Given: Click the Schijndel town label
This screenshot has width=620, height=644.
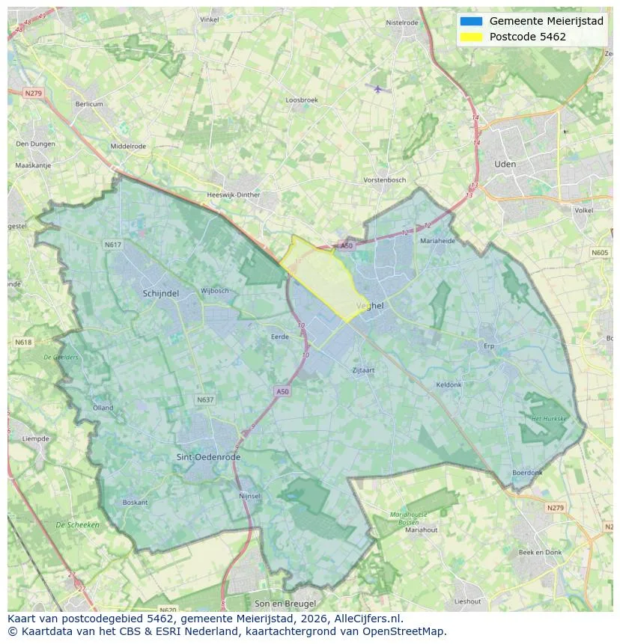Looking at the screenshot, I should tap(160, 294).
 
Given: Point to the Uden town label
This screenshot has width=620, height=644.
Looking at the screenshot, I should tap(505, 164).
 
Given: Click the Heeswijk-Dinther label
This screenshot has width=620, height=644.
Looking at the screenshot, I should tap(233, 195).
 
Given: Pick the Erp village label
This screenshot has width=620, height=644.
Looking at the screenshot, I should tap(489, 346).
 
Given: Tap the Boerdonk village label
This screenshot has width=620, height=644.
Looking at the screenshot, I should tap(526, 473).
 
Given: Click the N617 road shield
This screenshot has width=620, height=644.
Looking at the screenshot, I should tap(113, 245).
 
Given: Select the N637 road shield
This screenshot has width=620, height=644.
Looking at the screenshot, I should tap(205, 399).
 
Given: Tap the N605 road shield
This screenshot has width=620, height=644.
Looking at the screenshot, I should tap(600, 253).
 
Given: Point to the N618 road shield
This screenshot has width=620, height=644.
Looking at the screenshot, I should tap(23, 342).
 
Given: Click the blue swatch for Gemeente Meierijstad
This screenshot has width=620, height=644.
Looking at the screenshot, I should tap(471, 21).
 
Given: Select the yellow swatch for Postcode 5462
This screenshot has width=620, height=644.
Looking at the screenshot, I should tap(471, 37).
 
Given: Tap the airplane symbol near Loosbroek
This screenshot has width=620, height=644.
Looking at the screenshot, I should tap(378, 88).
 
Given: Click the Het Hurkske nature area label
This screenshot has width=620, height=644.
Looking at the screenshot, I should tap(548, 419).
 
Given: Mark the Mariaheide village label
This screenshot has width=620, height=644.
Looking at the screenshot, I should tap(437, 241).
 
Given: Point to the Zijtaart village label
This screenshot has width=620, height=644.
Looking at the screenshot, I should tap(364, 370).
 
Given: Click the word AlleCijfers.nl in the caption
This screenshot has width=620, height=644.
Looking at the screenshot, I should tap(368, 619).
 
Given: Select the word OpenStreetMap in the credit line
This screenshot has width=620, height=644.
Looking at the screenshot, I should tap(409, 631).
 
